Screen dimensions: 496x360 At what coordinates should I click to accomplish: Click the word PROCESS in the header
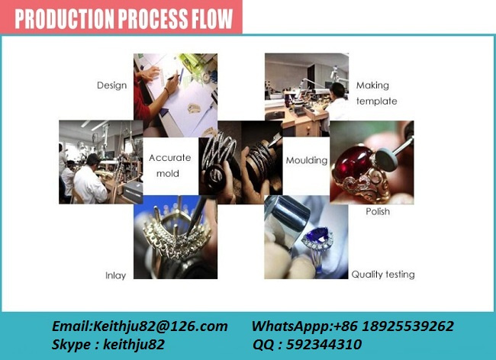point(152,18)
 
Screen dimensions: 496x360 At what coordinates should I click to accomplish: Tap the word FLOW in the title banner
point(211,18)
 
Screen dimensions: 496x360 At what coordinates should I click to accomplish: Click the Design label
point(111,85)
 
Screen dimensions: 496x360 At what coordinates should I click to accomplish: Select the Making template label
point(376,93)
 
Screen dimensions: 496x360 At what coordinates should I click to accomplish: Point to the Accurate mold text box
point(170,166)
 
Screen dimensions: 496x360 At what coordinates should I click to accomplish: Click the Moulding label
point(307,160)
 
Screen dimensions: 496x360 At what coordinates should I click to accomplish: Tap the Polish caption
point(378,211)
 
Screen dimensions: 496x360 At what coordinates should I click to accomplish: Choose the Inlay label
point(116,275)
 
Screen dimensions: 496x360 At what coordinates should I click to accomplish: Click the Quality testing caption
point(383,275)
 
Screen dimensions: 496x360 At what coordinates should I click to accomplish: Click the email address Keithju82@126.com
point(160,326)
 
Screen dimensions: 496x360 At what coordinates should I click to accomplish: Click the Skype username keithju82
point(134,344)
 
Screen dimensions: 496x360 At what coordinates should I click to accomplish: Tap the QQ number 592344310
point(324,344)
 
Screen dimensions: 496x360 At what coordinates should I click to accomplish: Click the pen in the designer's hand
point(174,77)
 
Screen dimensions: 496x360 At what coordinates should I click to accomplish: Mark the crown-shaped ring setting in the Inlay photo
point(173,237)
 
